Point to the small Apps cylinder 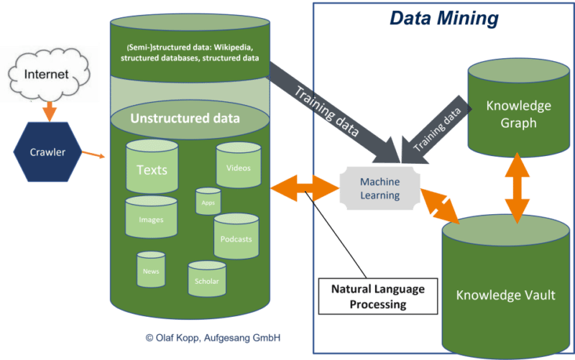[x=208, y=202]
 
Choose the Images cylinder [x=152, y=218]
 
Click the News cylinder [x=151, y=269]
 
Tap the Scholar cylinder [x=207, y=280]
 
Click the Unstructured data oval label [x=185, y=118]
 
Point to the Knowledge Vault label [x=506, y=295]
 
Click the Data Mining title [x=444, y=19]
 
